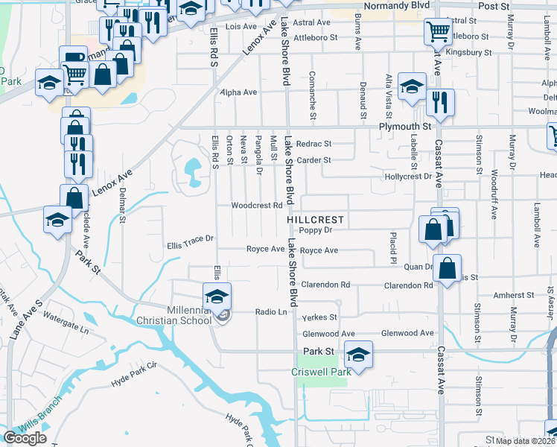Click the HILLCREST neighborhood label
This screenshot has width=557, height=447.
pos(316,220)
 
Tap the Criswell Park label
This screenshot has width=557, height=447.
pos(320,371)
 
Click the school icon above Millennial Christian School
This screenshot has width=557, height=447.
pos(217,296)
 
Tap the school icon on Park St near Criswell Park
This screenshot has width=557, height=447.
pos(358,354)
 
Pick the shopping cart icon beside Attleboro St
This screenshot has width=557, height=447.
pos(437,32)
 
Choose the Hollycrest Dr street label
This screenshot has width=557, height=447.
pos(408,177)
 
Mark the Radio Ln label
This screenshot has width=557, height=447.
pos(271,312)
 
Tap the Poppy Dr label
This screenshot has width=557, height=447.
pos(315,231)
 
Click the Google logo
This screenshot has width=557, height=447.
pos(25,438)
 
